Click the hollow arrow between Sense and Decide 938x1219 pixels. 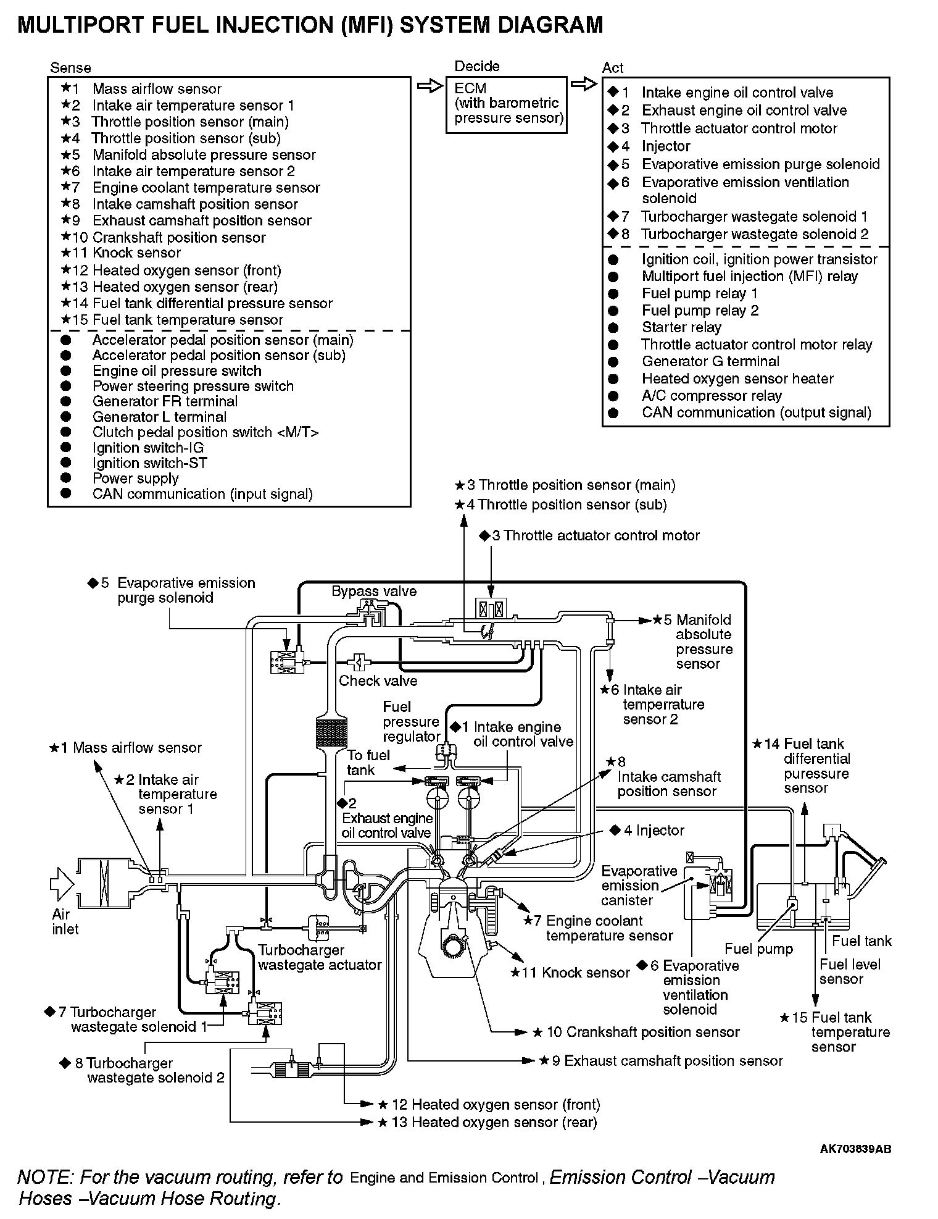(x=431, y=86)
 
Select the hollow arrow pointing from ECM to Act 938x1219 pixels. (x=584, y=84)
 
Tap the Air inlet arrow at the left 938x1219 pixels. (x=62, y=884)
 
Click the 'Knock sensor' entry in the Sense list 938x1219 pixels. (x=136, y=253)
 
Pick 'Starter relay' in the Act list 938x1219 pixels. (x=681, y=327)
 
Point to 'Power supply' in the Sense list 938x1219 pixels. (x=135, y=479)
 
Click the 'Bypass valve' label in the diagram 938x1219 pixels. (x=374, y=591)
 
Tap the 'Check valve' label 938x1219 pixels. (x=378, y=681)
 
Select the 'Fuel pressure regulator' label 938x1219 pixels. (x=411, y=721)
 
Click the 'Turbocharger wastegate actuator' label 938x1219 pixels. (x=320, y=957)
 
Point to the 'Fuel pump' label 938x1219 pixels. (x=758, y=949)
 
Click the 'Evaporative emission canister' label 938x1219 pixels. (x=639, y=886)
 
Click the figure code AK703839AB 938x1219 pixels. (x=855, y=1149)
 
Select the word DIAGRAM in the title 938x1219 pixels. (x=543, y=25)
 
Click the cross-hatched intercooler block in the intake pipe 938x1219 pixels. (x=331, y=733)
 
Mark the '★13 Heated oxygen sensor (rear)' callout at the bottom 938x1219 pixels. (x=488, y=1122)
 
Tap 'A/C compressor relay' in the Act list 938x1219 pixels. (x=712, y=396)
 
